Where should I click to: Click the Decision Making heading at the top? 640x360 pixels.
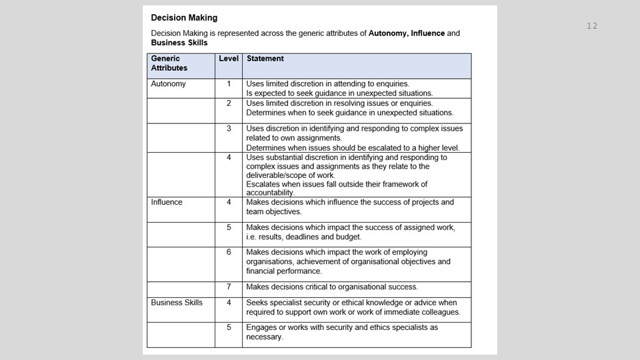coord(184,18)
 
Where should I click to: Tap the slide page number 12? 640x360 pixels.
coord(592,26)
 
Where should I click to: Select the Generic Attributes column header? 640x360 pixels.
coord(169,63)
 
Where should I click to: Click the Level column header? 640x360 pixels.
coord(229,59)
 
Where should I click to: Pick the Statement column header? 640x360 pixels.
coord(265,59)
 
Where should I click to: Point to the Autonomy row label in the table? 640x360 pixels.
coord(169,84)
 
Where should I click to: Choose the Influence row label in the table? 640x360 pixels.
coord(167,202)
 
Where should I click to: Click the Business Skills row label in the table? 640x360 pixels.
coord(177,303)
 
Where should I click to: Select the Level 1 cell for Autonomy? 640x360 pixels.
coord(229,84)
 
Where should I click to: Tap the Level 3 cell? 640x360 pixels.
coord(229,128)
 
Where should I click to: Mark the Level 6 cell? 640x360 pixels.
coord(229,253)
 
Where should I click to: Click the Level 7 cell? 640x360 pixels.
coord(229,287)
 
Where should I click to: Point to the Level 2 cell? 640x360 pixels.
coord(229,103)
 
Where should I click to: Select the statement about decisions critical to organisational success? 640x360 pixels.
coord(332,287)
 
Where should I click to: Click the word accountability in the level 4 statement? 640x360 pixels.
coord(270,193)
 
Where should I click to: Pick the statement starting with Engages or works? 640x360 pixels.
coord(342,332)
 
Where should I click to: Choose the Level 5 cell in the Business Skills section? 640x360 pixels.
coord(229,328)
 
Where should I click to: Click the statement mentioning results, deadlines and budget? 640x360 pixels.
coord(350,232)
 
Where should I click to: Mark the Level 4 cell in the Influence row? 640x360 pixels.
coord(229,202)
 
